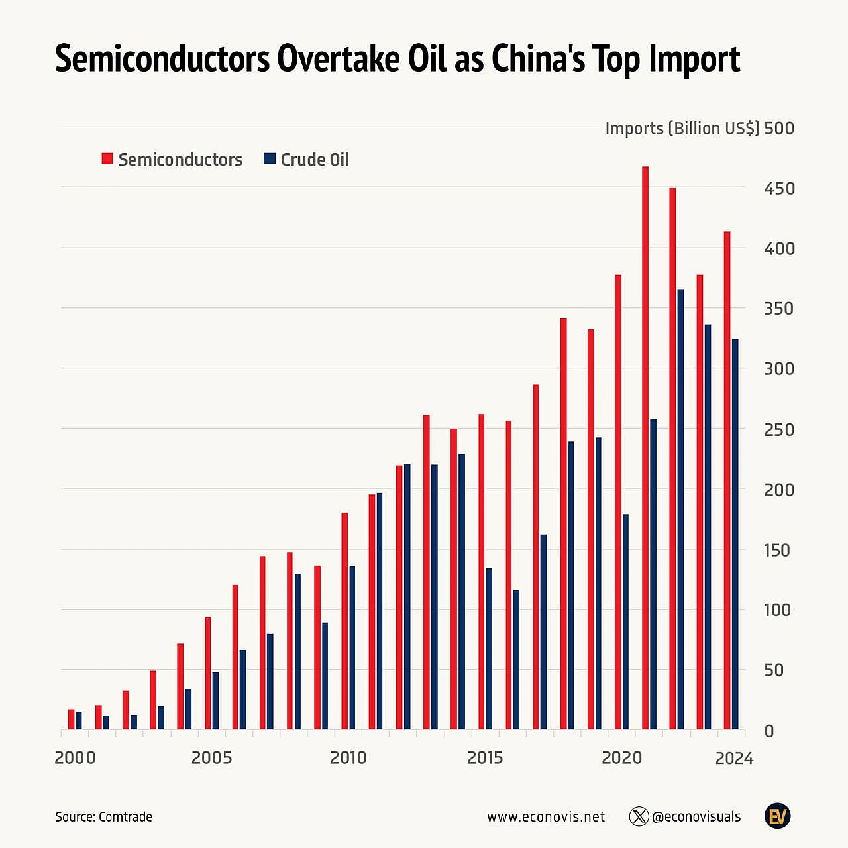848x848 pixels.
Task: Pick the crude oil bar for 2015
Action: (489, 649)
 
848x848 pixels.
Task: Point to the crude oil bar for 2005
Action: (215, 701)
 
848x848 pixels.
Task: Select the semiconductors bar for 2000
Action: (72, 719)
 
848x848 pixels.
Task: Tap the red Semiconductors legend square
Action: (107, 159)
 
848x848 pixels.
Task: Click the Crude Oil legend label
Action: (315, 160)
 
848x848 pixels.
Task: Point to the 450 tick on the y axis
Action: (779, 189)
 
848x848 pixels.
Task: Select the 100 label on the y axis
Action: (777, 610)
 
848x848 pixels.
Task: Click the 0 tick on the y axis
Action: (769, 731)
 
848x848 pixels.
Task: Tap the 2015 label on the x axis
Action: (485, 758)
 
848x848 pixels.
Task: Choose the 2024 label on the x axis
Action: (734, 759)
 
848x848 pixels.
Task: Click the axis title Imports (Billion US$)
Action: (682, 129)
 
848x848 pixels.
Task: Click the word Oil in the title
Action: (427, 59)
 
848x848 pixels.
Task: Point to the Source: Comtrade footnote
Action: (104, 817)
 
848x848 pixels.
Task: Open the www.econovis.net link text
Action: (546, 817)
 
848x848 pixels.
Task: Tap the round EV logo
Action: (778, 816)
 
